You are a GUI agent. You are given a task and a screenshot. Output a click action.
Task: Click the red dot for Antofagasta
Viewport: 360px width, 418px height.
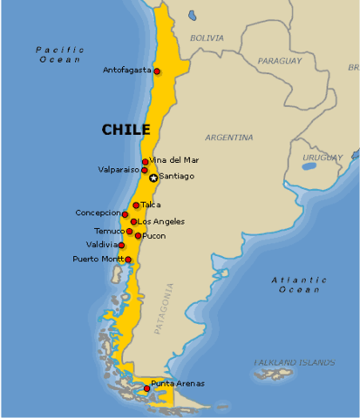coord(157,71)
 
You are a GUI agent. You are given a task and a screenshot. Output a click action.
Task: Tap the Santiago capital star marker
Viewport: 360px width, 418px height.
coord(153,178)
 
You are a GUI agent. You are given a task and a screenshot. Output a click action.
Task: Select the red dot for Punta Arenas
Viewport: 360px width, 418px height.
coord(146,388)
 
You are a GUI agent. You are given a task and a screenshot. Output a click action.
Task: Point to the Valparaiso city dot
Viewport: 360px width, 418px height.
coord(145,171)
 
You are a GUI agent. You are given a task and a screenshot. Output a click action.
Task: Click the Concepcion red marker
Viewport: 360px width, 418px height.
coord(125,214)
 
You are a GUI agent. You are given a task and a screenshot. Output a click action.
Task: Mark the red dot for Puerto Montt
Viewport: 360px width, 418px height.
coord(128,260)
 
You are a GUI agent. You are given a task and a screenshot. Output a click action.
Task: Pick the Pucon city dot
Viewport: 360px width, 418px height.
coord(138,236)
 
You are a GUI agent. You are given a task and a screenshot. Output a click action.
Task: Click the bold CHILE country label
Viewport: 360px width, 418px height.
coord(126,130)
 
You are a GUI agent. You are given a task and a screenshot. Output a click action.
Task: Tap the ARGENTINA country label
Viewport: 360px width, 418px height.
coord(229,138)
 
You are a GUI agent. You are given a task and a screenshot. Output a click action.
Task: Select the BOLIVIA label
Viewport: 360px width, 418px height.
coord(207,38)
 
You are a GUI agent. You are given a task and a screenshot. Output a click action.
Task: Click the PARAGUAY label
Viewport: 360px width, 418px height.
coord(279,61)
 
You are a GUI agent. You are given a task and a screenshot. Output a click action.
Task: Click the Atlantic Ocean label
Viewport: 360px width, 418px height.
coord(299,284)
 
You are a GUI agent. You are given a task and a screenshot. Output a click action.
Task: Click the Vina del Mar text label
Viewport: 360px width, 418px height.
coord(174,160)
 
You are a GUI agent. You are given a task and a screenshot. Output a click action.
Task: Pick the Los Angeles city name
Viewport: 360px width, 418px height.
coord(161,222)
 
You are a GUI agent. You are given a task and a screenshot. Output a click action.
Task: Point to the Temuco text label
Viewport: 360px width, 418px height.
coord(109,232)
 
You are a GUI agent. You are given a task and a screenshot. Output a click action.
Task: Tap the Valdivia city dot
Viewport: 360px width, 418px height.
coord(121,246)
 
